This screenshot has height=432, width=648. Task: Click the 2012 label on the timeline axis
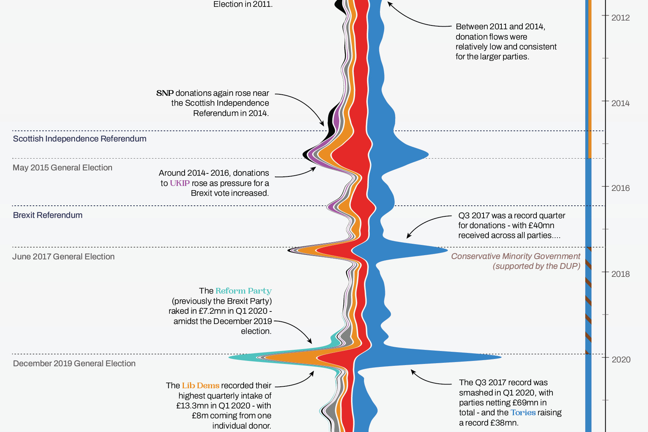point(620,18)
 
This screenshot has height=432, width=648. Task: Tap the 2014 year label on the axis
point(620,103)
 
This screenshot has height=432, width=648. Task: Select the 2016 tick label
point(620,188)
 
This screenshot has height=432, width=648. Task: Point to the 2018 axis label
point(620,274)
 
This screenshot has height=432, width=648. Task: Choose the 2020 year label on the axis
point(621,359)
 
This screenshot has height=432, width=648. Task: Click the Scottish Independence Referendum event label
point(80,139)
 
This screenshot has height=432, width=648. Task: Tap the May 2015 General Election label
point(62,168)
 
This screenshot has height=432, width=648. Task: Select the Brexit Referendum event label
point(48,215)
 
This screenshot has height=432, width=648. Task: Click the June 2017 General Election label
point(63,257)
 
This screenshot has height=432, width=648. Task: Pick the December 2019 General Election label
point(74,364)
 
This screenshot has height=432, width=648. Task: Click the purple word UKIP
point(180,183)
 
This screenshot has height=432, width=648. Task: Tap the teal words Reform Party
point(243,291)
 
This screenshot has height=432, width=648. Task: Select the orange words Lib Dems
point(201,386)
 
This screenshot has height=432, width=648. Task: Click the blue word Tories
point(523,413)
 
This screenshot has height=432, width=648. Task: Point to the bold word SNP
point(165,93)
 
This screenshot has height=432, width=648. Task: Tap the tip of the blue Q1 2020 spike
point(500,357)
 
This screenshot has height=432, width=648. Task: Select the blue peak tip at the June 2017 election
point(447,250)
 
